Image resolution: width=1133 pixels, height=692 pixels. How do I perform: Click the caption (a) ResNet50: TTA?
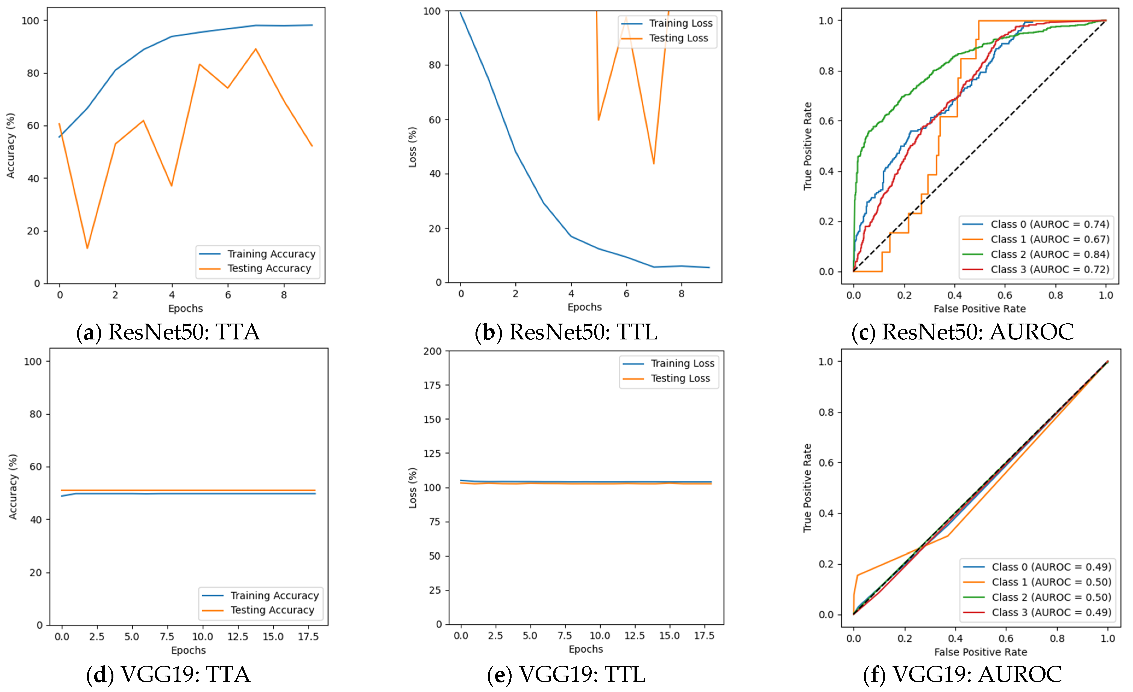(x=168, y=332)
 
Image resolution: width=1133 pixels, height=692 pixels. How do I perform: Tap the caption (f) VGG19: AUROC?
(x=962, y=675)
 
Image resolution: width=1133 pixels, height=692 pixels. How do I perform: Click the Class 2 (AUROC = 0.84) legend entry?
(x=1049, y=254)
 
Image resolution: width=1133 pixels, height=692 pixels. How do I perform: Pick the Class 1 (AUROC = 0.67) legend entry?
(x=1049, y=239)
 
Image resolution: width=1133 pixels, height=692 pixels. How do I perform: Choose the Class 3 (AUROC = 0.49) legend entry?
(x=1051, y=612)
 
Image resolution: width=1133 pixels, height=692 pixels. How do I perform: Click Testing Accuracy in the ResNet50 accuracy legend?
(x=269, y=269)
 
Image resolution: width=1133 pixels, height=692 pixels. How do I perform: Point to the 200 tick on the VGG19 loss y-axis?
(x=432, y=351)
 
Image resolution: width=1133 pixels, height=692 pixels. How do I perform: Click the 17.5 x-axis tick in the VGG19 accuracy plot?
(x=308, y=637)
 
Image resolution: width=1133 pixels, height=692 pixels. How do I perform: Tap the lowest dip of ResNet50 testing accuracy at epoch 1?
(x=87, y=248)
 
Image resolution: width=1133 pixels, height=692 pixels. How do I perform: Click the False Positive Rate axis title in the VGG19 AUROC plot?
(x=980, y=652)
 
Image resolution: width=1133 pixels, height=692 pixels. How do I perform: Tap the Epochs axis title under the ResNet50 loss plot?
(x=585, y=307)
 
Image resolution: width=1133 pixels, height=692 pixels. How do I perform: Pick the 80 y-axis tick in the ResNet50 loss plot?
(x=435, y=65)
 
